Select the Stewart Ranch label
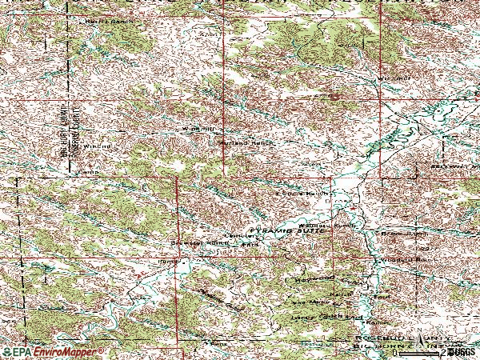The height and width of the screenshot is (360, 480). [194, 243]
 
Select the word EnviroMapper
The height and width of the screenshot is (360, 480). [67, 352]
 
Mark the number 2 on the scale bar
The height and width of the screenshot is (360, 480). [441, 352]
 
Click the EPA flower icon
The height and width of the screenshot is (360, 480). [6, 352]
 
